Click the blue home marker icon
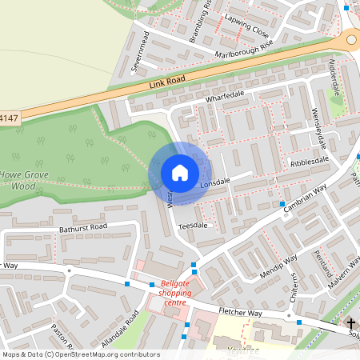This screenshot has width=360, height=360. (180, 173)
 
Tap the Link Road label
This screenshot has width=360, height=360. (167, 82)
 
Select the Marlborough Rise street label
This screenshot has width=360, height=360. (244, 49)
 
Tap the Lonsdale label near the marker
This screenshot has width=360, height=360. (214, 182)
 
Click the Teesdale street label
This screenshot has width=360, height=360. (192, 226)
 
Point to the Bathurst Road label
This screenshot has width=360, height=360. (82, 227)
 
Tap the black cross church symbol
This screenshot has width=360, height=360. (351, 323)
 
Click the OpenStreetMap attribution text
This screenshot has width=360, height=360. (80, 354)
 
